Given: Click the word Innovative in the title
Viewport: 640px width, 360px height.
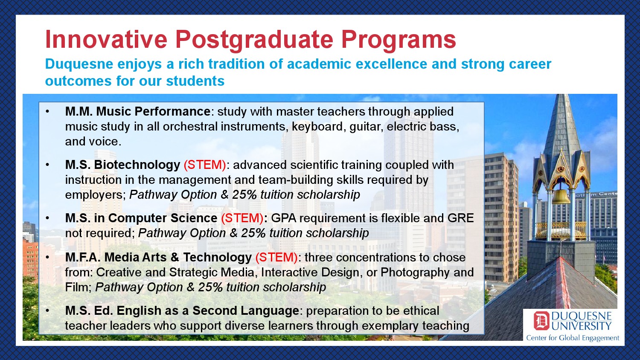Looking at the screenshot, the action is tap(106, 40).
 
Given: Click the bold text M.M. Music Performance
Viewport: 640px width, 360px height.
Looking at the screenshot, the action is tap(138, 111).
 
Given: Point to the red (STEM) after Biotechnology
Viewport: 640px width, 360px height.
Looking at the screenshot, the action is tap(205, 165).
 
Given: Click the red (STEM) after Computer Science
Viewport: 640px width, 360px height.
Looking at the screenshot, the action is tap(242, 218).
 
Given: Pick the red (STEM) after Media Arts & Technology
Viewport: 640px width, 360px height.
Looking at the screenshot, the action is tap(276, 258).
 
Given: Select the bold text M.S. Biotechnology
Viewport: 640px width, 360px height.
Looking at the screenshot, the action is tap(122, 165).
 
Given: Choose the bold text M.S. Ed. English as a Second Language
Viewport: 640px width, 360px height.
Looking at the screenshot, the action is tap(182, 311).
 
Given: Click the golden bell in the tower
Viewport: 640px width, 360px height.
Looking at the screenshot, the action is tap(561, 197).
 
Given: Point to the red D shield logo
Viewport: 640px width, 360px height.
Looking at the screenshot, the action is tap(541, 321).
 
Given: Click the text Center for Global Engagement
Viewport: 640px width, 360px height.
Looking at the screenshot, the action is tap(573, 338).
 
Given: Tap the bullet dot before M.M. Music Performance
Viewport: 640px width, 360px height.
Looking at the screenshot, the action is tap(47, 112).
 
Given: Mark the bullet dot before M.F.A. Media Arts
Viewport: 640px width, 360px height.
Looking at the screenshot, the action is tap(47, 258).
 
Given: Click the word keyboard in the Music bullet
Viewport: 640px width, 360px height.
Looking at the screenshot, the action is tap(317, 127).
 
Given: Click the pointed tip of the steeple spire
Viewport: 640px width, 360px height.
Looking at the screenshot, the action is tap(561, 95).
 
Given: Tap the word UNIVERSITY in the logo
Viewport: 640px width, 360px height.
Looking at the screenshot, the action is tap(581, 326).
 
